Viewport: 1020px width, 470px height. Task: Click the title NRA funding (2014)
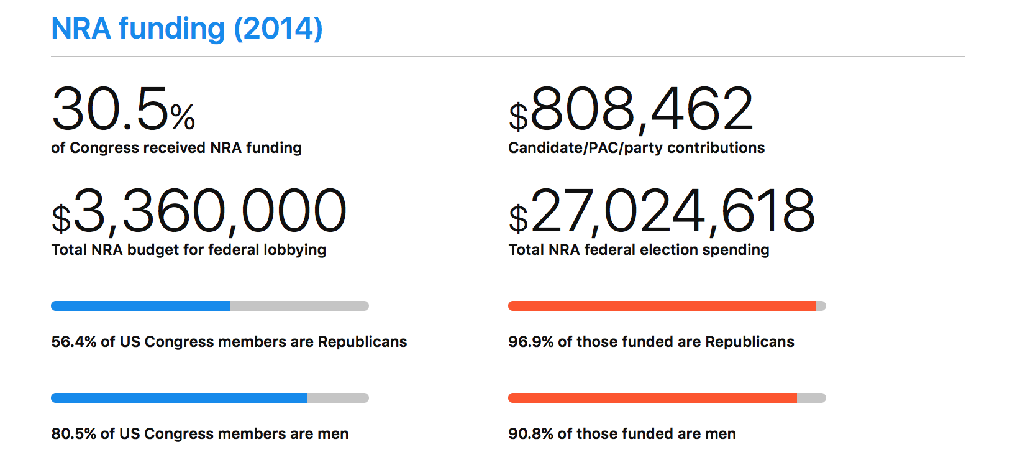click(186, 29)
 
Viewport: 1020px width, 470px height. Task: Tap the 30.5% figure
click(123, 110)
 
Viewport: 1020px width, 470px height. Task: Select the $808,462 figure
click(631, 110)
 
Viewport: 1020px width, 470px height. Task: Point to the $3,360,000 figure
click(199, 212)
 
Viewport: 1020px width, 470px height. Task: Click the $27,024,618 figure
click(662, 212)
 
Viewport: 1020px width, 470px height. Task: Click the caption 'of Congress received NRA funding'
click(176, 148)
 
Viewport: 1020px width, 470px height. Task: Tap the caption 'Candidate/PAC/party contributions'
click(636, 148)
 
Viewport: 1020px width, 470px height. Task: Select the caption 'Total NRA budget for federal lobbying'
click(189, 250)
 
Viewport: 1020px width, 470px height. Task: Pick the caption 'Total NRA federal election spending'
click(639, 250)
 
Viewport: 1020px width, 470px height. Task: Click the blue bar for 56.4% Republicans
click(140, 306)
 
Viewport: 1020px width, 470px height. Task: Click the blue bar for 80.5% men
click(179, 398)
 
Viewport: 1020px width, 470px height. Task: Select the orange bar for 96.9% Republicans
click(662, 306)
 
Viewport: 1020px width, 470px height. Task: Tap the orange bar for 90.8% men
click(652, 398)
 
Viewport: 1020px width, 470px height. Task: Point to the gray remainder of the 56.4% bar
click(299, 306)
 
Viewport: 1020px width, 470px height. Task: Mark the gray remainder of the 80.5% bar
click(337, 398)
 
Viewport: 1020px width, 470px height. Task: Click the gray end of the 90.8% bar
click(811, 398)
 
